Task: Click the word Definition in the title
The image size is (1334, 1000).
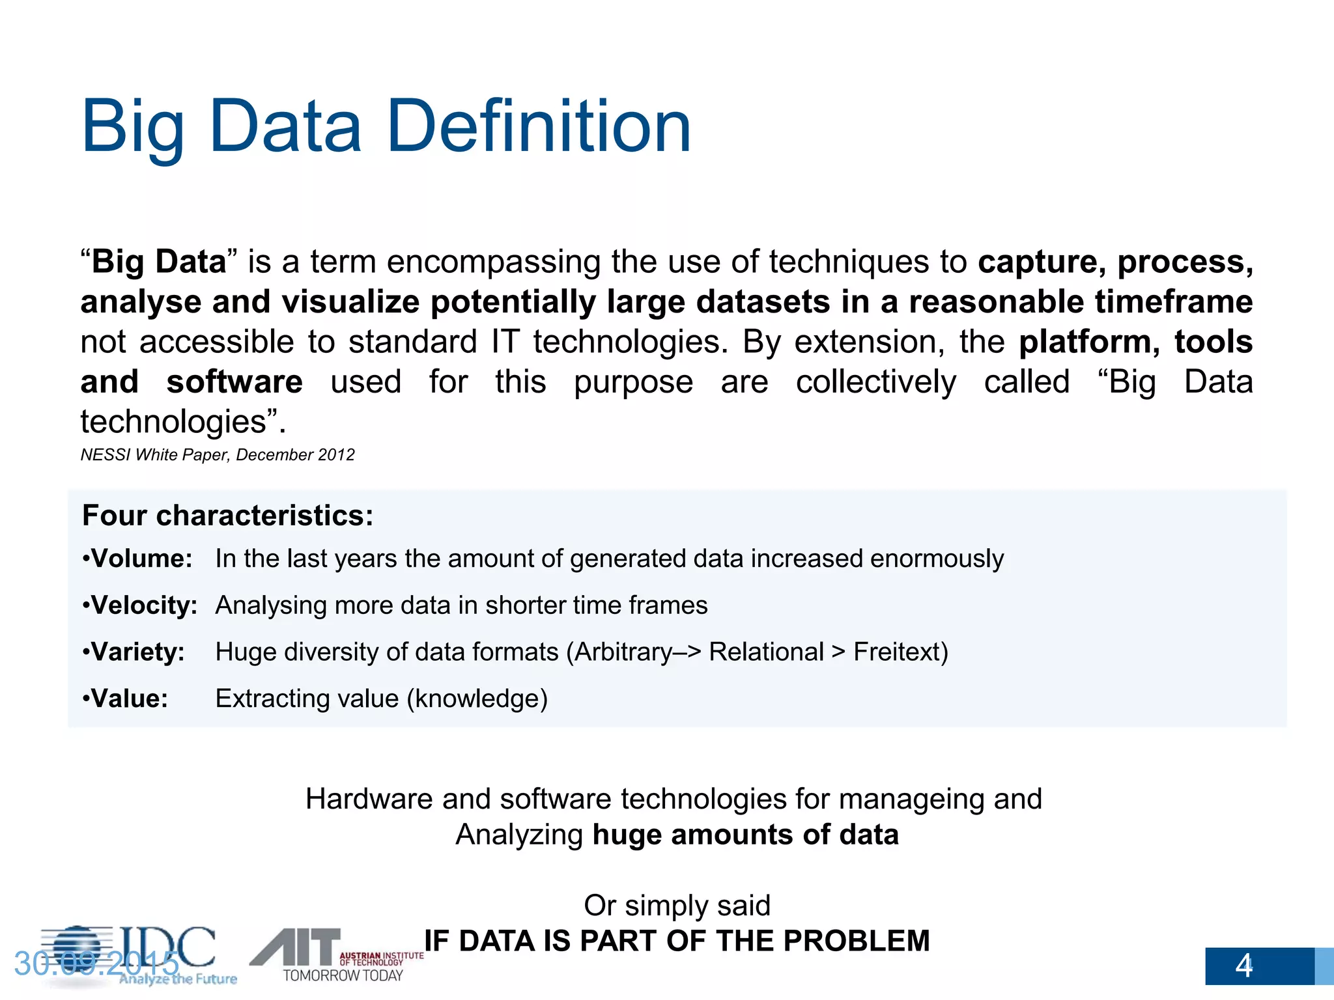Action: (x=539, y=126)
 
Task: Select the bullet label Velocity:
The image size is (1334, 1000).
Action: (x=144, y=605)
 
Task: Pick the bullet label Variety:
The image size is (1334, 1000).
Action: (x=137, y=652)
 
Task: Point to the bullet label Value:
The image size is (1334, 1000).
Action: (x=129, y=699)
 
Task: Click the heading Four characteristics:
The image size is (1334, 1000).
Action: (x=228, y=515)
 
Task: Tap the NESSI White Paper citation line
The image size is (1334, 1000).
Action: (x=218, y=454)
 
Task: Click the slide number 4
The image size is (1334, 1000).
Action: (x=1243, y=965)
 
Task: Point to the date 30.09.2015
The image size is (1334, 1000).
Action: (x=96, y=964)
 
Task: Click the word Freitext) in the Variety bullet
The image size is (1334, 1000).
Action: (x=900, y=652)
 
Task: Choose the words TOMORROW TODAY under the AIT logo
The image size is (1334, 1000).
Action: (x=343, y=975)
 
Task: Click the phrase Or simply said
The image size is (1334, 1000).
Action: (x=677, y=906)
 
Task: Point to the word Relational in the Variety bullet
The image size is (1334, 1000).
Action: (x=766, y=652)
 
